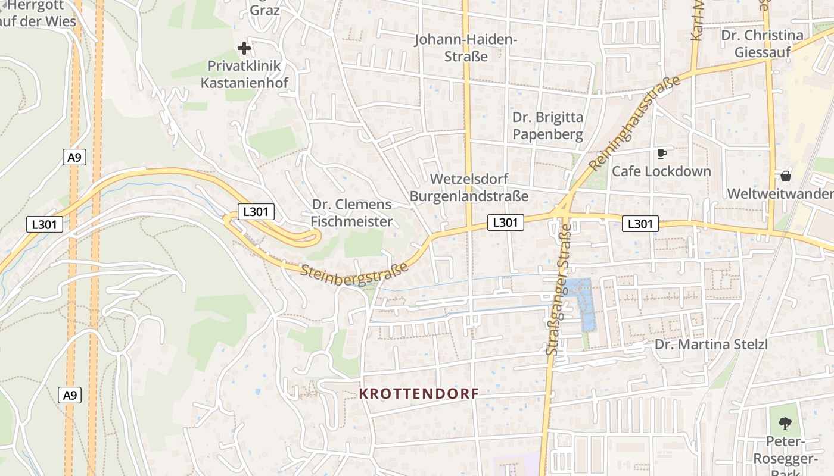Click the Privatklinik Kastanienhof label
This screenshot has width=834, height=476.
tap(244, 74)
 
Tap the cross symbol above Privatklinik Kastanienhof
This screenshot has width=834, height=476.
tap(244, 48)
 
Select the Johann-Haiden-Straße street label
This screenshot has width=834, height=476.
tap(466, 48)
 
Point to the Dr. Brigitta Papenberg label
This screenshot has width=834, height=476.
tap(547, 126)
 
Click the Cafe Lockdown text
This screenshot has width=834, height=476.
tap(661, 171)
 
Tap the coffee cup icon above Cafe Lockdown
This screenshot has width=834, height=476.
tap(661, 154)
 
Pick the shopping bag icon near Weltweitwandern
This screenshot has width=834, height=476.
tap(786, 176)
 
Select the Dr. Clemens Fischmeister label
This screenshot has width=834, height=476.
tap(352, 213)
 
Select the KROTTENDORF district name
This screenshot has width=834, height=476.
tap(419, 394)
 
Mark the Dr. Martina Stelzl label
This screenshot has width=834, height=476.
tap(711, 345)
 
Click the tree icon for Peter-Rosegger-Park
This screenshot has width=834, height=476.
tap(785, 424)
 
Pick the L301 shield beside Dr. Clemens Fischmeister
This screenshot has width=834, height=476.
tap(256, 211)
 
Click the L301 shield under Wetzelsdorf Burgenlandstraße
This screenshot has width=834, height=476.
tap(506, 223)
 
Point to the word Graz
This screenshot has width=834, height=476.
tap(265, 10)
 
